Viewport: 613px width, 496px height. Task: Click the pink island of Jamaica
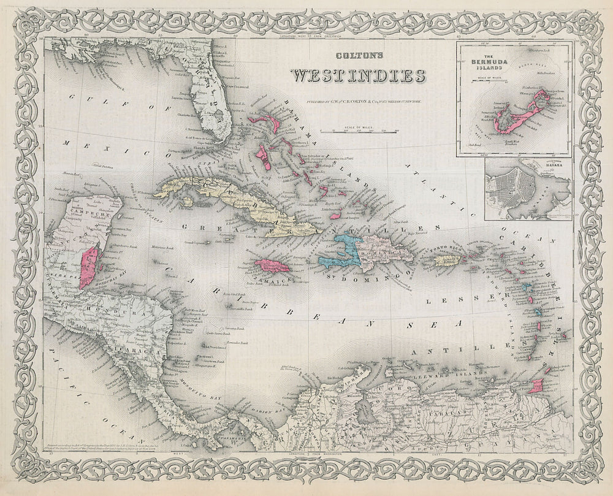click(x=272, y=266)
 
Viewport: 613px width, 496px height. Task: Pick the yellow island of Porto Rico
click(x=447, y=261)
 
